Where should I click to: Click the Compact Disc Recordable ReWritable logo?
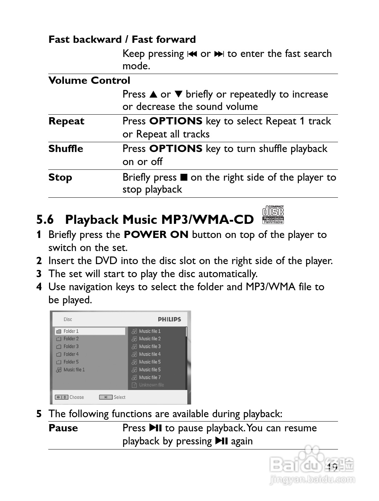pyautogui.click(x=273, y=214)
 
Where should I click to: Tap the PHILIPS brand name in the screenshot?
pyautogui.click(x=169, y=320)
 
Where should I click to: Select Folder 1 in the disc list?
pyautogui.click(x=71, y=331)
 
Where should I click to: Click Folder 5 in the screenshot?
pyautogui.click(x=71, y=362)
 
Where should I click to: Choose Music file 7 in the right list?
pyautogui.click(x=150, y=378)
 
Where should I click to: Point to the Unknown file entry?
pyautogui.click(x=151, y=385)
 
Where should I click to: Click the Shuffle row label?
pyautogui.click(x=66, y=149)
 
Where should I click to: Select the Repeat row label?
pyautogui.click(x=66, y=121)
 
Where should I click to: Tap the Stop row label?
pyautogui.click(x=60, y=177)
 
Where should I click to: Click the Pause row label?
pyautogui.click(x=63, y=428)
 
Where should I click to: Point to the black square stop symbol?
pyautogui.click(x=184, y=177)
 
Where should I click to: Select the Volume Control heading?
pyautogui.click(x=89, y=81)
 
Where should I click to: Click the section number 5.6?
pyautogui.click(x=45, y=220)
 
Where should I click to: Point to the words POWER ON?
pyautogui.click(x=156, y=235)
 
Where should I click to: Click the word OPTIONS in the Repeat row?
pyautogui.click(x=176, y=121)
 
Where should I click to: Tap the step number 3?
pyautogui.click(x=39, y=274)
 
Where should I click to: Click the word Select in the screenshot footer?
pyautogui.click(x=119, y=398)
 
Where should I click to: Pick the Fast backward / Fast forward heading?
pyautogui.click(x=122, y=40)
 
